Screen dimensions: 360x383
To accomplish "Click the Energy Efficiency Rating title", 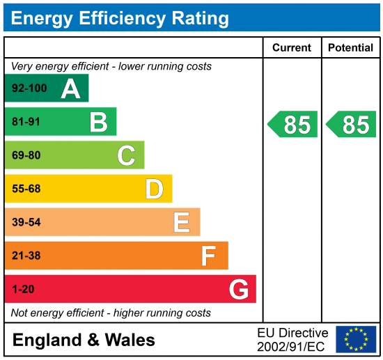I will click(120, 17).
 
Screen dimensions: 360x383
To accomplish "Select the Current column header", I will click(291, 47).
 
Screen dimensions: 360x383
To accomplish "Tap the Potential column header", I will click(352, 47).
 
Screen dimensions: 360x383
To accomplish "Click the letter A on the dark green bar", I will click(70, 88).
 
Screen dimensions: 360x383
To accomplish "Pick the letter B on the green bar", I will click(98, 122).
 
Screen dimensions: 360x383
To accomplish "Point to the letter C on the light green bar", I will click(126, 155).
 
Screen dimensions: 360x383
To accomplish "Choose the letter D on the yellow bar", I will click(154, 189).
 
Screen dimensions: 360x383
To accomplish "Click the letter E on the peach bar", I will click(181, 222).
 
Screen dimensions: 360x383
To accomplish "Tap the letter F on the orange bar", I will click(208, 256).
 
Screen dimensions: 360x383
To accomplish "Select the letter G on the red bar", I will click(239, 289).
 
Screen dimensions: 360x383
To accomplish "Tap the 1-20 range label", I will click(23, 289).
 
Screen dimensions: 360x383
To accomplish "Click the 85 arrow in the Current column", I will click(293, 124).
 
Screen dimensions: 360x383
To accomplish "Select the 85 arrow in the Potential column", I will click(352, 124).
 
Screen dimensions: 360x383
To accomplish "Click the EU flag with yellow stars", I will click(356, 339).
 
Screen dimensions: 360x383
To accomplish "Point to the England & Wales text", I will click(84, 340).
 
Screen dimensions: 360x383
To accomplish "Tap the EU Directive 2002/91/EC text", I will click(292, 339).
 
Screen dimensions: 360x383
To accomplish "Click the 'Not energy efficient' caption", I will click(111, 313).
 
